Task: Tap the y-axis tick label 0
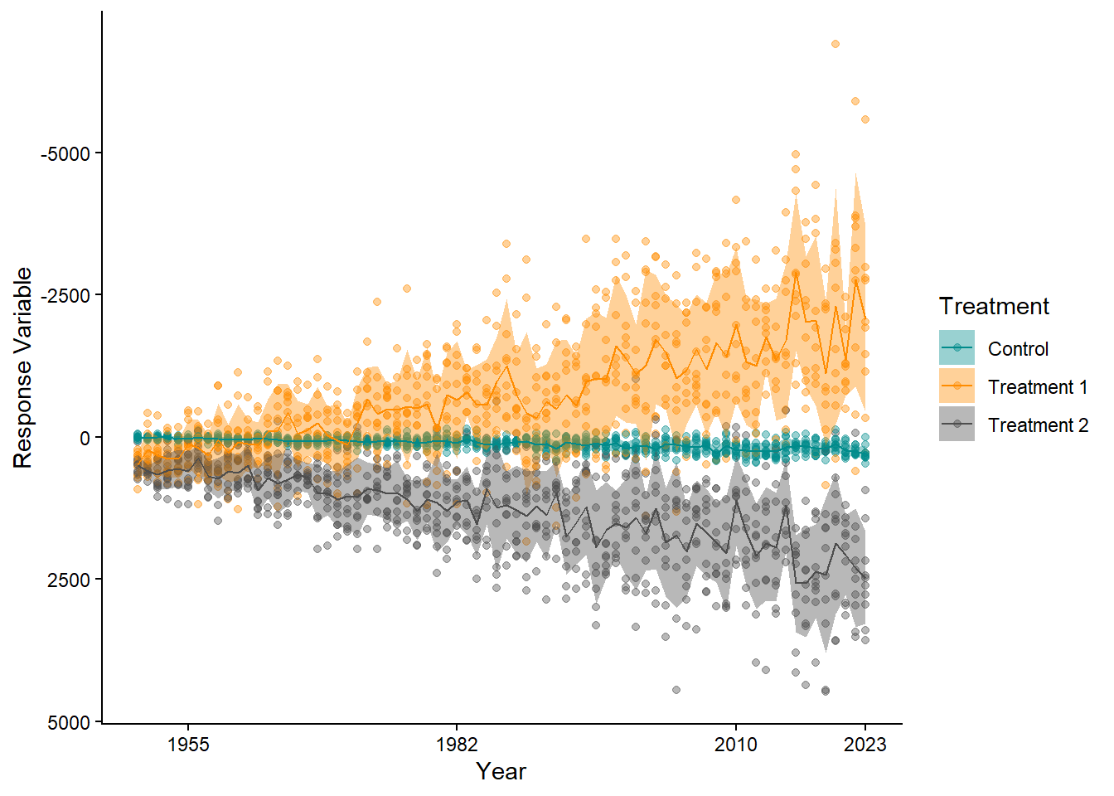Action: click(85, 438)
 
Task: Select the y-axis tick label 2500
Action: click(70, 580)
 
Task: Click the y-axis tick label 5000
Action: click(70, 723)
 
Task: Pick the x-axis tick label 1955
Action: click(188, 745)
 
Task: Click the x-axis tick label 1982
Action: click(457, 745)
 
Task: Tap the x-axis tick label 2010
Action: click(736, 745)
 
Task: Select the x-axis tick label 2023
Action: click(865, 745)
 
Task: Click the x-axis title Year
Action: click(501, 772)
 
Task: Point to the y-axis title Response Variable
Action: click(23, 367)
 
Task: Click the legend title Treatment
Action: click(994, 307)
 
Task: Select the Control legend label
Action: click(1018, 349)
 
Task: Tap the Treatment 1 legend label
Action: click(1037, 387)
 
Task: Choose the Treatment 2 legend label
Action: click(1038, 425)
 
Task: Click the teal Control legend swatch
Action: click(957, 348)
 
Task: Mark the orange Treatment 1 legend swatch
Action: click(957, 386)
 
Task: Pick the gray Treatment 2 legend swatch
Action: click(957, 425)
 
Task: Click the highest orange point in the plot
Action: click(835, 44)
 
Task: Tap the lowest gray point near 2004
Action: click(676, 690)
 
